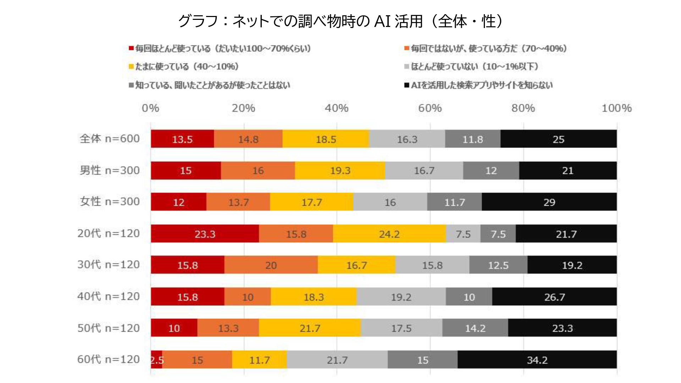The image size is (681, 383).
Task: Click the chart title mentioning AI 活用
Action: click(x=340, y=21)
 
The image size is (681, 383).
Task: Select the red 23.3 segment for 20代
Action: click(x=205, y=234)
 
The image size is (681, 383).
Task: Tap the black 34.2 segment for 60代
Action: click(x=537, y=360)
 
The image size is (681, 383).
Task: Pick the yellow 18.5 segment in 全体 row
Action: click(x=326, y=139)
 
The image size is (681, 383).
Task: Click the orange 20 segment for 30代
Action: click(x=271, y=265)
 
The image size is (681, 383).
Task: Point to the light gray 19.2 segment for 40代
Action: click(x=401, y=296)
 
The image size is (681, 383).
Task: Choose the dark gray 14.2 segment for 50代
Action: click(x=475, y=328)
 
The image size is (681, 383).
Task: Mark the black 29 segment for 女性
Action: click(x=549, y=202)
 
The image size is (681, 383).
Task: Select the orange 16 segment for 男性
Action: click(x=258, y=171)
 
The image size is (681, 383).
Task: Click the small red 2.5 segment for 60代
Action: click(x=156, y=360)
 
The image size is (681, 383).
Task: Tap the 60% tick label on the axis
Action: click(x=430, y=108)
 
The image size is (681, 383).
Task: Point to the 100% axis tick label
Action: click(x=616, y=108)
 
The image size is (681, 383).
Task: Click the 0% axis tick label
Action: click(x=150, y=108)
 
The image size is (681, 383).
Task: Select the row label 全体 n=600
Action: click(x=110, y=139)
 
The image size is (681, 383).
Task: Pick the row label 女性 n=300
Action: click(x=110, y=201)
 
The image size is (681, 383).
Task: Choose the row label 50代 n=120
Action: click(x=109, y=328)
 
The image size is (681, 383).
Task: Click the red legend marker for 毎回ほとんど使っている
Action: click(x=131, y=48)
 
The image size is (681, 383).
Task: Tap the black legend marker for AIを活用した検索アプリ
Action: click(x=407, y=85)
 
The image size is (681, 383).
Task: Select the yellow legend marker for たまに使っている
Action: click(x=131, y=66)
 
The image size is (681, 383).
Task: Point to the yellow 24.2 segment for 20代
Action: click(x=389, y=234)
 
